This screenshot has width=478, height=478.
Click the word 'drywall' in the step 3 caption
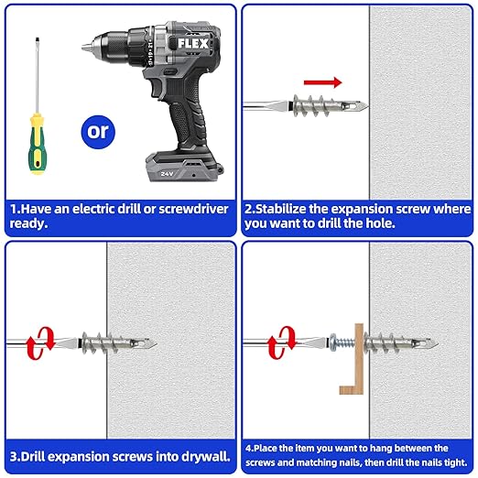(197, 454)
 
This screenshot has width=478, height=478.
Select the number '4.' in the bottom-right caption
(250, 448)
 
